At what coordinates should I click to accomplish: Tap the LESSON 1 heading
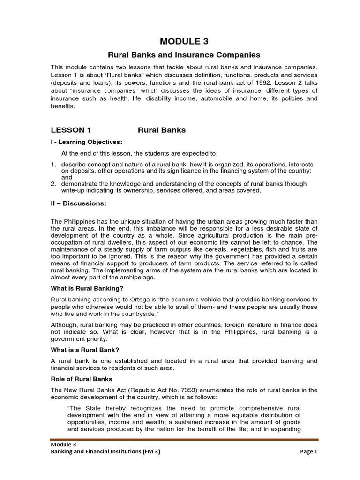coord(70,130)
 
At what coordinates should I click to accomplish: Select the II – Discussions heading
coord(78,203)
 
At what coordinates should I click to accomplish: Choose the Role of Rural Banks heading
coord(81,379)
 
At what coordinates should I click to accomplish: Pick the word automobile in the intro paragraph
coord(214,98)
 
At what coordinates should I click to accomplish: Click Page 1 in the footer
coord(308,452)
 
